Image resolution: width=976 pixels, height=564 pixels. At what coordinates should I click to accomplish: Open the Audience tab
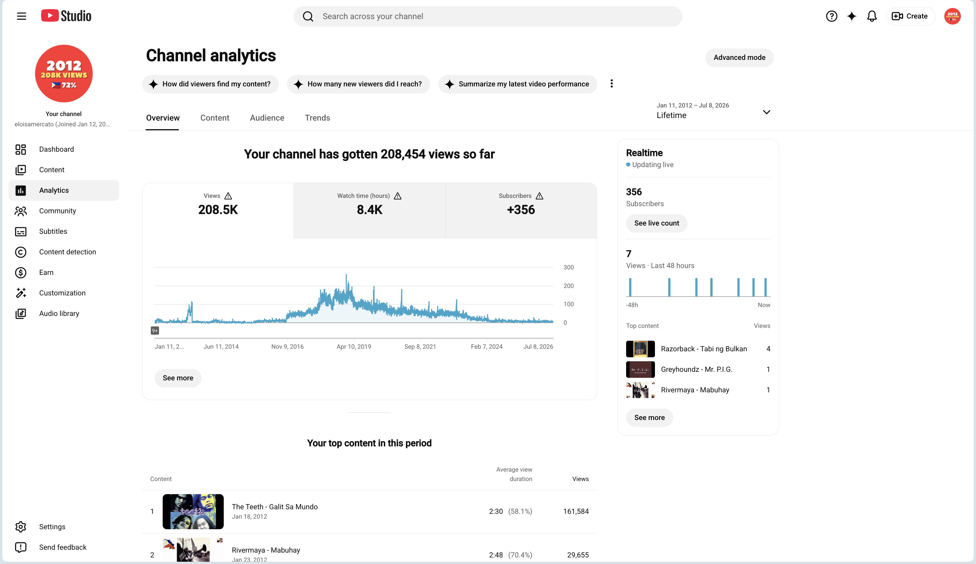[267, 118]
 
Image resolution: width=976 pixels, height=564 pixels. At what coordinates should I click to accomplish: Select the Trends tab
[317, 118]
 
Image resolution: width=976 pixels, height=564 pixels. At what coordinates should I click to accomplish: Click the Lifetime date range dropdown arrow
[766, 112]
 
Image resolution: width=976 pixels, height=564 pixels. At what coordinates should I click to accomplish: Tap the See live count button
[656, 223]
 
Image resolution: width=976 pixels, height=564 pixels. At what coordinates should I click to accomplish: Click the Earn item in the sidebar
[46, 273]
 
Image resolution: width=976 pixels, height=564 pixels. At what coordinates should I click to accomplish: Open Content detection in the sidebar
[67, 252]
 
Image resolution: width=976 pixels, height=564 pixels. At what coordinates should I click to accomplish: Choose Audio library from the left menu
[59, 314]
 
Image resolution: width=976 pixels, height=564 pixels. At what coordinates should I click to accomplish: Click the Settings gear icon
[21, 527]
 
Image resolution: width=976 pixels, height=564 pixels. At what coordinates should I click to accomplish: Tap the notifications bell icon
[872, 16]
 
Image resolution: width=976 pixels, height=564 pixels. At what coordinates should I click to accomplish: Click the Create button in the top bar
[910, 16]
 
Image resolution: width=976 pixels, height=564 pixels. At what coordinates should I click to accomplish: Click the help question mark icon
[831, 16]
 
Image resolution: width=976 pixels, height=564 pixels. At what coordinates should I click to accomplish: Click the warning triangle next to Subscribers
[539, 196]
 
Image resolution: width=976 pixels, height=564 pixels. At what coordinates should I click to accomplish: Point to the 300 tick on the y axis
[568, 267]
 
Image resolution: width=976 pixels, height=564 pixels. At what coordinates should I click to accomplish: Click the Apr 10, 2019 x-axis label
[354, 347]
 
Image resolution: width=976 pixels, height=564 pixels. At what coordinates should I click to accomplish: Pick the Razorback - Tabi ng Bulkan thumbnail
[640, 349]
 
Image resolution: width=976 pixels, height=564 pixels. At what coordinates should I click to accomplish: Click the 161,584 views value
[576, 511]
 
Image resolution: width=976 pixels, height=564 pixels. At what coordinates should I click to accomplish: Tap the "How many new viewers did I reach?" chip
[358, 84]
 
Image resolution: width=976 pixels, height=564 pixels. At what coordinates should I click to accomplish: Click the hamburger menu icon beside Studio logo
[22, 16]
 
